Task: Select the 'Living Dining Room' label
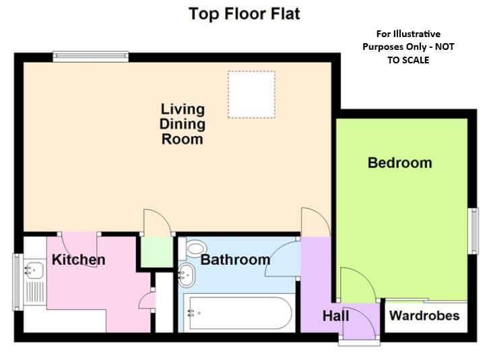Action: [182, 125]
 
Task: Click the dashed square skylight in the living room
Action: [251, 94]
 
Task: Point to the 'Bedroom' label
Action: [399, 163]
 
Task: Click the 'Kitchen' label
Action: [79, 260]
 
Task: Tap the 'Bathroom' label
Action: [235, 260]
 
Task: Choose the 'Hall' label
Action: [335, 316]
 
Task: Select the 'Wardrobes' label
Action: [424, 316]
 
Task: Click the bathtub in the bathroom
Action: [239, 313]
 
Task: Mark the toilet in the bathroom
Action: [195, 249]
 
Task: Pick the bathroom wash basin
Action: [189, 274]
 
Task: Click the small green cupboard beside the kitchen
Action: [154, 253]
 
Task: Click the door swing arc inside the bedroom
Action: [355, 283]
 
